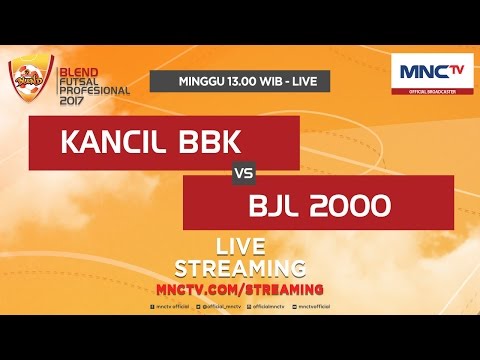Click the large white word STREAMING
tap(240, 268)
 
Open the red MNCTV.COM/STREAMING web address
tap(240, 287)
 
